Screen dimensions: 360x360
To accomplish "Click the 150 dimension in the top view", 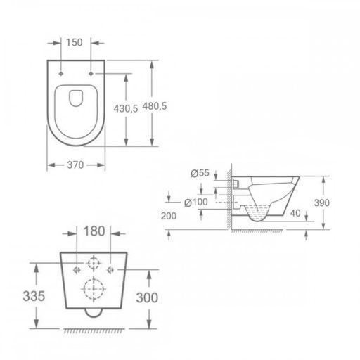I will pos(77,42).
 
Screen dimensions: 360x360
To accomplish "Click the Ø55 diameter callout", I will pos(200,172).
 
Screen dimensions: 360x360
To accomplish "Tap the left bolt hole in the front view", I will pos(77,269).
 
